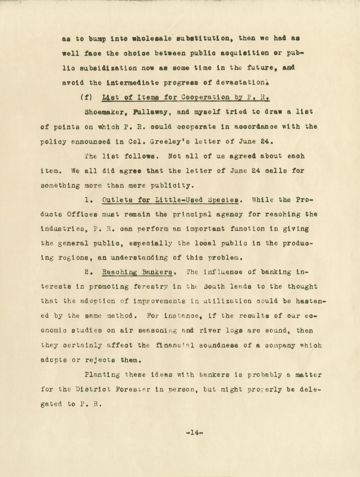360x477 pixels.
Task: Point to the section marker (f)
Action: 85,97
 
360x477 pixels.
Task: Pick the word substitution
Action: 202,39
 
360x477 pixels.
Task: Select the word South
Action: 214,287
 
